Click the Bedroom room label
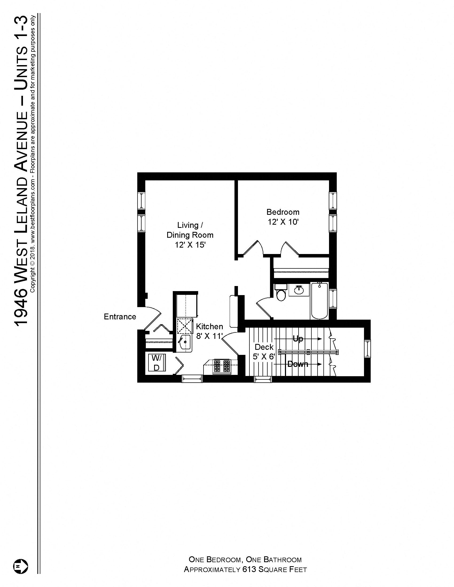coord(283,212)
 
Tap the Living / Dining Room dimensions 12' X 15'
coord(190,245)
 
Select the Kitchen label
coord(209,326)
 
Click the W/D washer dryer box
coord(156,363)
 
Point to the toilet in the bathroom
coord(280,293)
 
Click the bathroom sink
coord(299,290)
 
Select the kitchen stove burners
coord(222,366)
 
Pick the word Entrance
coord(120,317)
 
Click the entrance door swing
coord(152,319)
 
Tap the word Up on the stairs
coord(298,339)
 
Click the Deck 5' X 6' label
coord(264,352)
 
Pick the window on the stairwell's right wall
coord(367,349)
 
